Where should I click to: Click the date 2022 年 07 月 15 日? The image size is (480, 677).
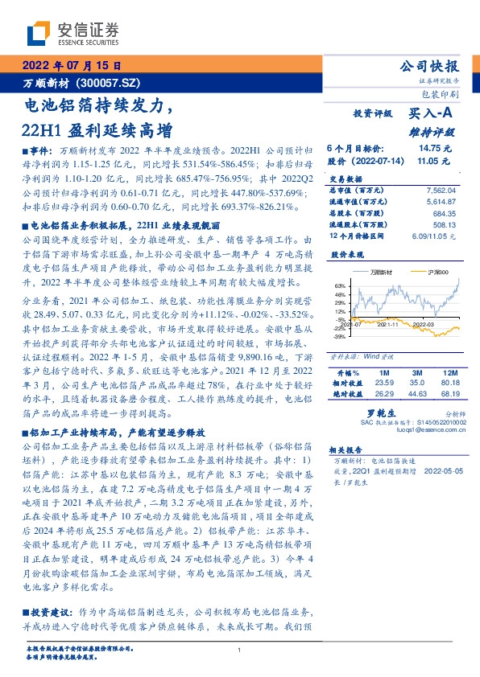click(72, 66)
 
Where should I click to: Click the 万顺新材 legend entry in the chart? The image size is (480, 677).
click(380, 273)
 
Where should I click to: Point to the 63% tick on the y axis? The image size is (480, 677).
click(341, 285)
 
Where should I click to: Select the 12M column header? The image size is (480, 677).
click(449, 374)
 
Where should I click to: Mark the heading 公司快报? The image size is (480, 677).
click(429, 66)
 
